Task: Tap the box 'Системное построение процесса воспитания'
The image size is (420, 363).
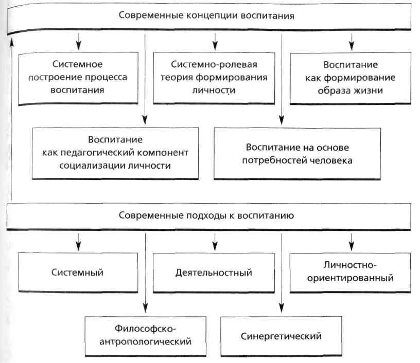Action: point(78,77)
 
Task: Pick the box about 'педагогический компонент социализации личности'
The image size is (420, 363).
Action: point(115,153)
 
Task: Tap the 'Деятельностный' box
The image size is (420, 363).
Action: point(213,273)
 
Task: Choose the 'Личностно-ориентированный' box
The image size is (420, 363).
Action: point(351,272)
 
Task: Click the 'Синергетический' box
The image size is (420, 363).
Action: point(281,336)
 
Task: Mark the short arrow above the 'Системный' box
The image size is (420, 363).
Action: point(78,240)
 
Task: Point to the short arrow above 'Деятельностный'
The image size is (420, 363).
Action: point(214,240)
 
